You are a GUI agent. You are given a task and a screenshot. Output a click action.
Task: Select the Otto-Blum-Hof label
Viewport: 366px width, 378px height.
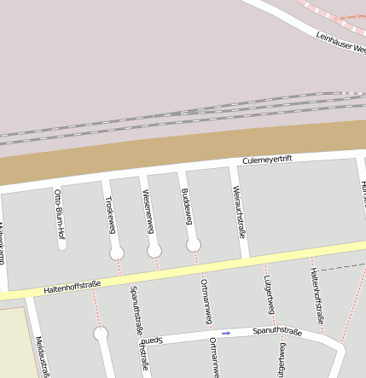coord(59,208)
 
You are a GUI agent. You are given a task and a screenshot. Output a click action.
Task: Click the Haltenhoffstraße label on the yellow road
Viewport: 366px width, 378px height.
coord(68,287)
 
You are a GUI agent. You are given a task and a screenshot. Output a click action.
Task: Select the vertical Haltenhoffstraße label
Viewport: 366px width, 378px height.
coord(317,294)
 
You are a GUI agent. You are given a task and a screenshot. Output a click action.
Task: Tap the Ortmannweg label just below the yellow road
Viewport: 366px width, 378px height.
coord(205,301)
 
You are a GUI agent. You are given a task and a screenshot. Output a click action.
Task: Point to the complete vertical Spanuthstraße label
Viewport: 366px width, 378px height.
coord(136,308)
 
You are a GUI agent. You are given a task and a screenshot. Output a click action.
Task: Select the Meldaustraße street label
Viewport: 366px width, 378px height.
coord(42,357)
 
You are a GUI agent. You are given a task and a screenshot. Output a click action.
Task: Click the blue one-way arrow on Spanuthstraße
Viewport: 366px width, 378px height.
coord(226,333)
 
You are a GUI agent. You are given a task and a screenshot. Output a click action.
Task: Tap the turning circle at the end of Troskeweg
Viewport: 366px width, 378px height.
coord(117,253)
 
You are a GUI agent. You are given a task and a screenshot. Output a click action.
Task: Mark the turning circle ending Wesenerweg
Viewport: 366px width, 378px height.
coord(154,250)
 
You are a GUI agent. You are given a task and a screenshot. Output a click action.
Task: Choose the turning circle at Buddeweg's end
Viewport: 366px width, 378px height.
coord(194,245)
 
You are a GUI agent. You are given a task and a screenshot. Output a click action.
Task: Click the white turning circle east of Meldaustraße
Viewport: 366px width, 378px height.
coord(101,334)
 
